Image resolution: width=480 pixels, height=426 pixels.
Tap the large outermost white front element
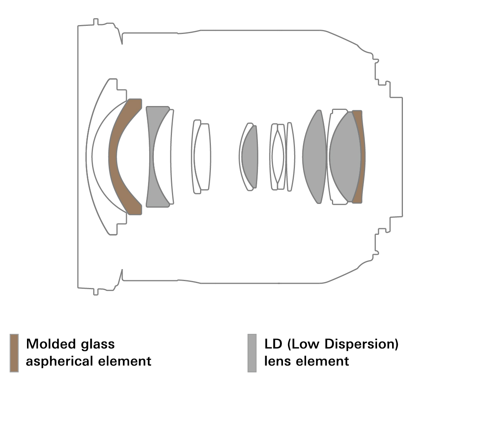click(x=89, y=156)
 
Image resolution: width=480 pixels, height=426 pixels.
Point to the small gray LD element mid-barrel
click(x=251, y=156)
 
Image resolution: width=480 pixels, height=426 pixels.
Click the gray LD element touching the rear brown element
click(x=345, y=156)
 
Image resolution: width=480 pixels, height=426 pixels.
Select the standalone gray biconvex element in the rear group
click(x=315, y=156)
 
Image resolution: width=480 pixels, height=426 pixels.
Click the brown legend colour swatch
click(x=14, y=353)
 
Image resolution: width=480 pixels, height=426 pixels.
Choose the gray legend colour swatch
click(x=252, y=353)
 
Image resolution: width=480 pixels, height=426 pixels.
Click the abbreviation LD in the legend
click(x=273, y=343)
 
